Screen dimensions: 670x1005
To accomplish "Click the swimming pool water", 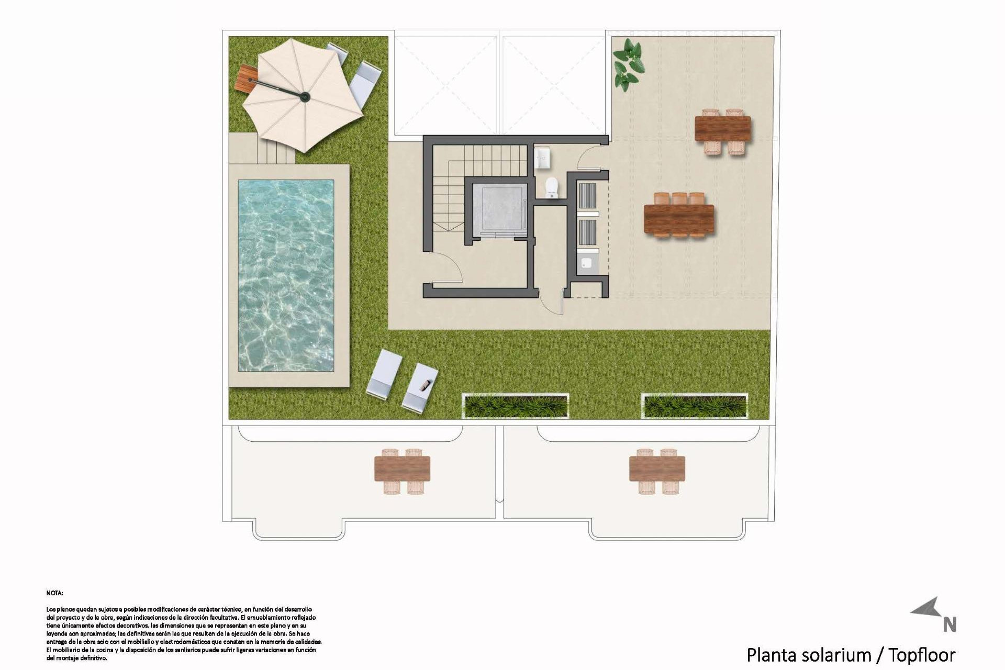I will pos(286,275).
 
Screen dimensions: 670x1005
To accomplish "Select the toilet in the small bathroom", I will pos(551,187).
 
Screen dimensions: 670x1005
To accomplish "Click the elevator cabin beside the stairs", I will pos(498,208).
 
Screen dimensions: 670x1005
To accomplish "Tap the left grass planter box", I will pos(516,406).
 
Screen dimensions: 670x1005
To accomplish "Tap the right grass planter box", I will pos(695,406).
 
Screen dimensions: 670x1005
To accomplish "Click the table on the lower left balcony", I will pos(402,469).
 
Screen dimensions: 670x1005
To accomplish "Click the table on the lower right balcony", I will pos(657,469).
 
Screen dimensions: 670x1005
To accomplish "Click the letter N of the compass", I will pos(950,625).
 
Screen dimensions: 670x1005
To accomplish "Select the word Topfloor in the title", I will pos(922,655).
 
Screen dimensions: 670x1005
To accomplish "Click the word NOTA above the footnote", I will pos(54,593).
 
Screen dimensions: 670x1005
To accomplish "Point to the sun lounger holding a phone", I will pos(420,387).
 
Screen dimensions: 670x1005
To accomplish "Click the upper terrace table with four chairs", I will pos(722,129).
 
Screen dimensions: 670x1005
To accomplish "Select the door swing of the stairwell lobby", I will pos(449,267).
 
